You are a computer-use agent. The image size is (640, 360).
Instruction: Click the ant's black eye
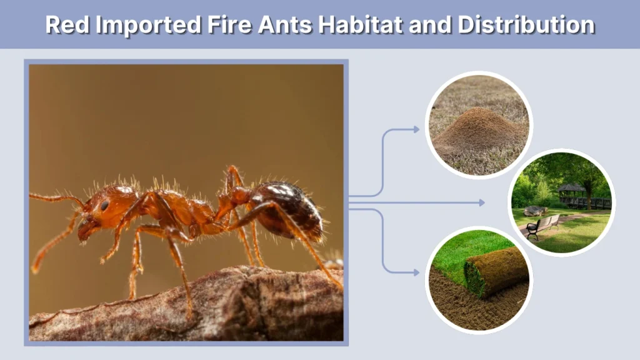(x=104, y=205)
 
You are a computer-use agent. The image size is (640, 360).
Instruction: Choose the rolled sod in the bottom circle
(x=497, y=271)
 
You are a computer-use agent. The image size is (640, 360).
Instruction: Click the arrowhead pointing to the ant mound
(x=416, y=129)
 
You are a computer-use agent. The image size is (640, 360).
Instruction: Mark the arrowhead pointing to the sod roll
(x=416, y=272)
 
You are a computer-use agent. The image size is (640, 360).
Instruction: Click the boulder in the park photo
(x=535, y=211)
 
